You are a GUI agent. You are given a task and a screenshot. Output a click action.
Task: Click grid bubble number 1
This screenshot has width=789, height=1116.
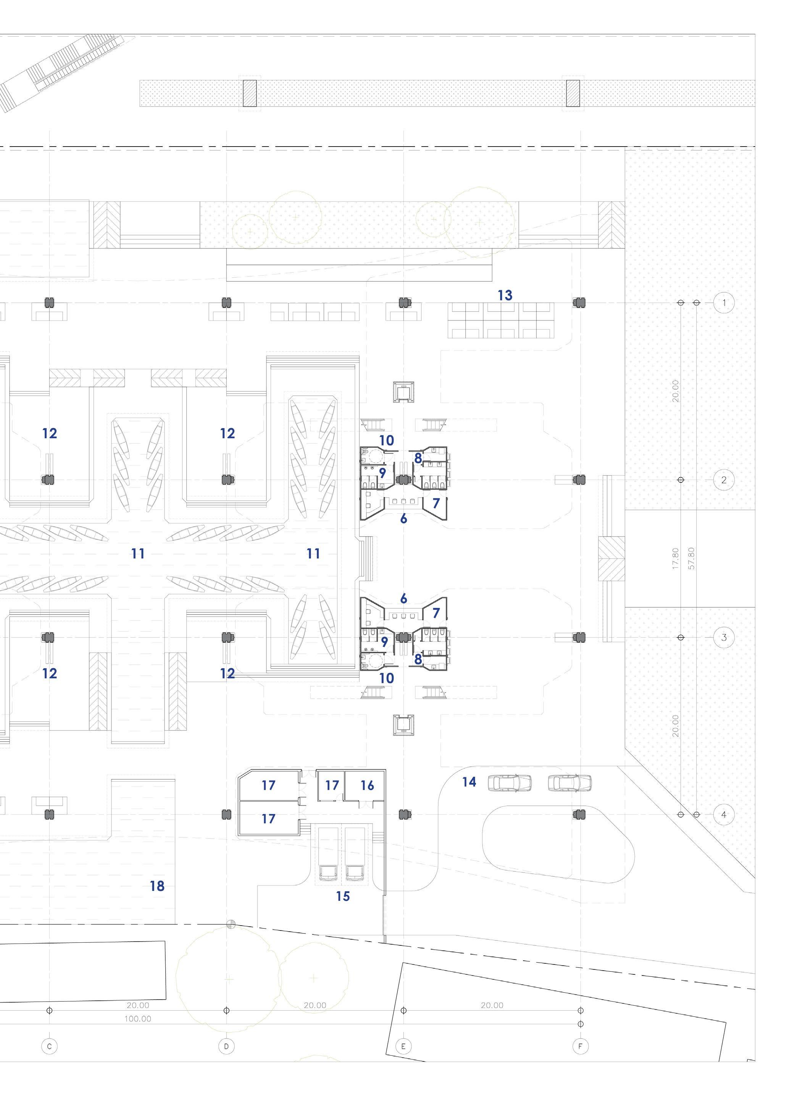[724, 303]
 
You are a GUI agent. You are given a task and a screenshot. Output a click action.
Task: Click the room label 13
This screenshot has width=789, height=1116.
[505, 295]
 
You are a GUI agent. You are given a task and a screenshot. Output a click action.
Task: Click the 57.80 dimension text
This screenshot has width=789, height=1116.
[692, 558]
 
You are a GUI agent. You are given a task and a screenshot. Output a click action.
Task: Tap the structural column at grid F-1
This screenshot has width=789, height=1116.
[579, 303]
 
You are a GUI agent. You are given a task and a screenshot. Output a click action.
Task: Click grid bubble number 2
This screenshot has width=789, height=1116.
[724, 480]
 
